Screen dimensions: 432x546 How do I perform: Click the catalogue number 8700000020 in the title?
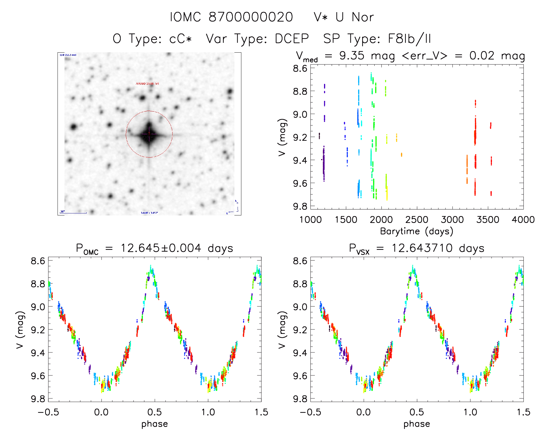tap(251, 17)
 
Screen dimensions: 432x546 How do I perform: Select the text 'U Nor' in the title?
tap(355, 17)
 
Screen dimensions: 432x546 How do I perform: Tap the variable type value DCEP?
tap(292, 38)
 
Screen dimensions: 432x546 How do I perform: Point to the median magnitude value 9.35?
tap(352, 56)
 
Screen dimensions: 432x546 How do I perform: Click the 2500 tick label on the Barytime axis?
tap(417, 220)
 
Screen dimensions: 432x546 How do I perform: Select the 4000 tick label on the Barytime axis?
tap(523, 220)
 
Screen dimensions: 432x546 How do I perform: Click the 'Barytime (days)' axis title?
tap(417, 231)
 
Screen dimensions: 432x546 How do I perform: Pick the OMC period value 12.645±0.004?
tap(161, 248)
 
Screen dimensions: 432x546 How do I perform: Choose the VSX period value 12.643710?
tap(422, 248)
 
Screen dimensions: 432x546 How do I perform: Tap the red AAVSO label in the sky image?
tap(147, 84)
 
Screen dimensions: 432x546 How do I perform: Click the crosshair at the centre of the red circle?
tap(149, 134)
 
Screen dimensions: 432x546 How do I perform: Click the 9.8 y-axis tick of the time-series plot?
tap(300, 206)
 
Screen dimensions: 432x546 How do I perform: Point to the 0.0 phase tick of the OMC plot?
tap(101, 412)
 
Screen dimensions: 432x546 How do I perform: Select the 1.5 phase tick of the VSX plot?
tap(523, 412)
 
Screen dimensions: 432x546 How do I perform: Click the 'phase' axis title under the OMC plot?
tap(155, 424)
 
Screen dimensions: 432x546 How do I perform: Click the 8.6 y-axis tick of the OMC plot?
tap(38, 261)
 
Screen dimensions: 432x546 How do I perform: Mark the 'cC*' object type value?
tap(181, 38)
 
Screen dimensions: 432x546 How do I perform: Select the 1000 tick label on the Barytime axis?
tap(310, 220)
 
